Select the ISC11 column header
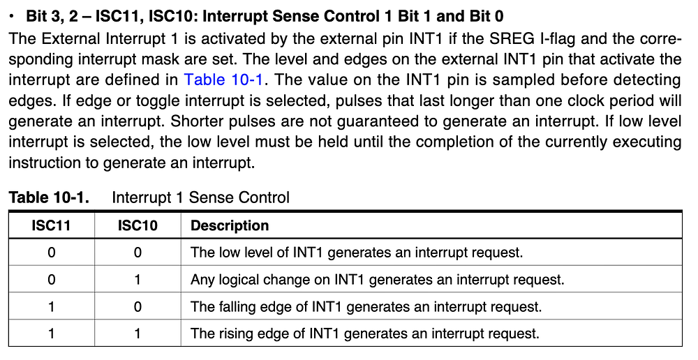tap(52, 225)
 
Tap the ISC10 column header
tap(138, 225)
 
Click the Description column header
tap(230, 225)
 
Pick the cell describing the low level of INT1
tap(357, 252)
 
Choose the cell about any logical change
tap(377, 280)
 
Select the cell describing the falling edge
tap(366, 306)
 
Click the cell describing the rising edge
tap(364, 333)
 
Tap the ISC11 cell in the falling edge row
tap(52, 306)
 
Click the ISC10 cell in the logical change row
tap(138, 280)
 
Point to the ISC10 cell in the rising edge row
tap(138, 333)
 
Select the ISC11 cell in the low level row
tap(52, 252)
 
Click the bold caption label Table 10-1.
tap(49, 197)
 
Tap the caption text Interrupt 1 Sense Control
tap(200, 197)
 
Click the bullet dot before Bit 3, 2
tap(13, 15)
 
